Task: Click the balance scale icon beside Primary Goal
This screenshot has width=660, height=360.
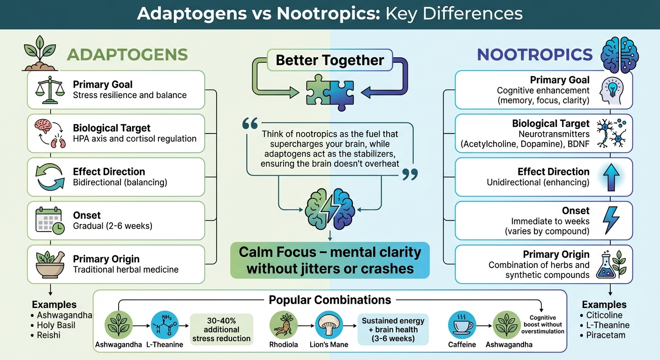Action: pyautogui.click(x=49, y=90)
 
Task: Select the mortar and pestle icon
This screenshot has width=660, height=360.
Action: pyautogui.click(x=50, y=264)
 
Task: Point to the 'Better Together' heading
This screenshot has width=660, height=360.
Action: pyautogui.click(x=330, y=60)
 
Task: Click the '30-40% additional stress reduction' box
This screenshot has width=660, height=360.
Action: pyautogui.click(x=222, y=330)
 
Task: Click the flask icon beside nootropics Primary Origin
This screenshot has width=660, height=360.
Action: pyautogui.click(x=611, y=264)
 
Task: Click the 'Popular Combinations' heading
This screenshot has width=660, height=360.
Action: pyautogui.click(x=330, y=300)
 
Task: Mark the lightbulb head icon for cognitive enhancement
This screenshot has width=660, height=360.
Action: pyautogui.click(x=612, y=90)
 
